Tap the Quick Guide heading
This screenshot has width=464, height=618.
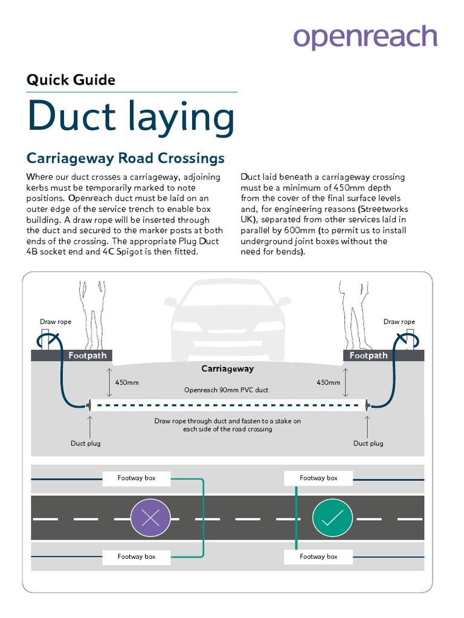71,80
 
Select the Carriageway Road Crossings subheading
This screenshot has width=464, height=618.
126,158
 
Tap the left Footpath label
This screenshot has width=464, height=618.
87,355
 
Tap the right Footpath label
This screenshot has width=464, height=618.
369,355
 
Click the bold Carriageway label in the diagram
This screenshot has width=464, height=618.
227,369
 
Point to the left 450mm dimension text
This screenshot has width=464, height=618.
127,383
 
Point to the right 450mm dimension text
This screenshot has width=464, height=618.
328,383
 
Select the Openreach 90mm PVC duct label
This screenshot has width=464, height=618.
226,390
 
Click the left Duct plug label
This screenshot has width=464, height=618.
86,444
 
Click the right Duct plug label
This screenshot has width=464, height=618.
369,444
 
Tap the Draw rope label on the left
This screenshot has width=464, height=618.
56,322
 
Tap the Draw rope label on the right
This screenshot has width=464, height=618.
399,322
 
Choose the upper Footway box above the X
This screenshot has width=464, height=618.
137,478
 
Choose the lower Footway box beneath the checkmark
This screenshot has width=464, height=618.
318,556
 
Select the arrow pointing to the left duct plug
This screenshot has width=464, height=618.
90,426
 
